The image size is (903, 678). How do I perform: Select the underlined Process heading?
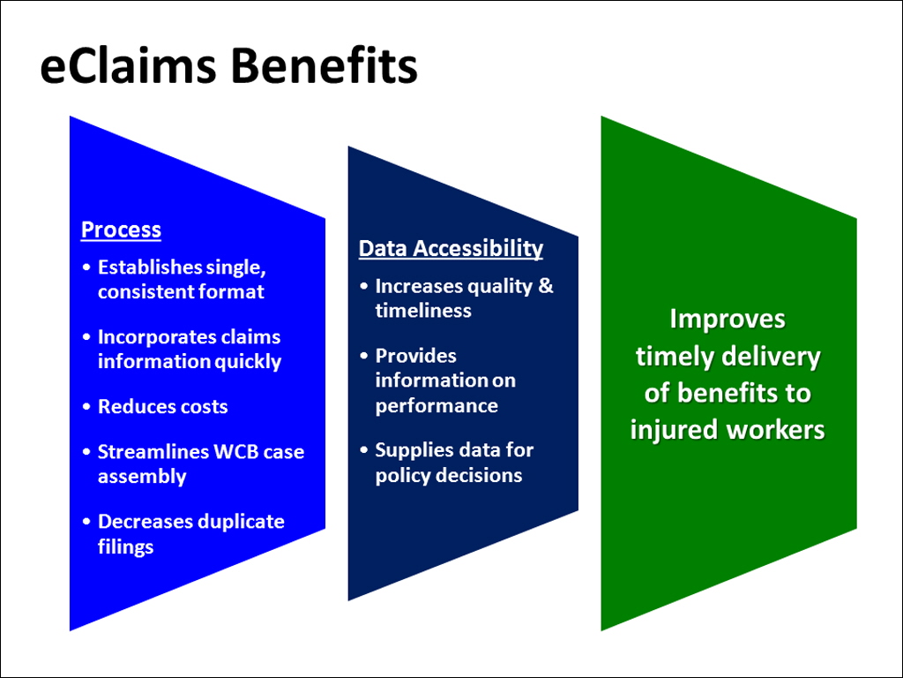pyautogui.click(x=121, y=230)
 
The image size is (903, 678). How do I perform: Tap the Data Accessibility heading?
pyautogui.click(x=451, y=249)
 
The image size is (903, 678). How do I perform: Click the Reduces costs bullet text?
pyautogui.click(x=162, y=407)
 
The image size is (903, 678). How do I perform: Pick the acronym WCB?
pyautogui.click(x=238, y=452)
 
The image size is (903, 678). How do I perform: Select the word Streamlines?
pyautogui.click(x=153, y=452)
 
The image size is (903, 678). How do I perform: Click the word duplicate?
pyautogui.click(x=240, y=522)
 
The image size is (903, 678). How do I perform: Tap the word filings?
pyautogui.click(x=125, y=547)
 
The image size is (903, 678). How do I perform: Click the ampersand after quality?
pyautogui.click(x=545, y=286)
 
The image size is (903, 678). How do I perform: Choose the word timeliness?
pyautogui.click(x=422, y=311)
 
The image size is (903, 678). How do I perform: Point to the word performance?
pyautogui.click(x=437, y=406)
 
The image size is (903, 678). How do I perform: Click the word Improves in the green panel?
pyautogui.click(x=728, y=319)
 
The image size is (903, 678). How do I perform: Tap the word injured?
pyautogui.click(x=673, y=430)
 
